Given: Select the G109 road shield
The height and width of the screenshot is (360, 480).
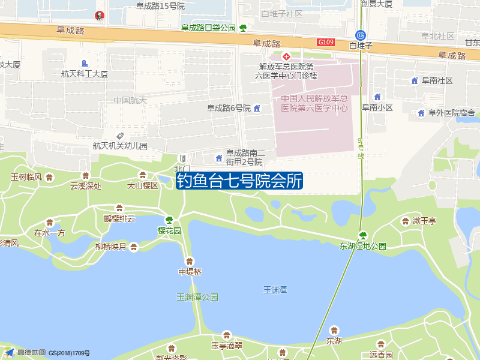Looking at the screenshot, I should tap(326, 42).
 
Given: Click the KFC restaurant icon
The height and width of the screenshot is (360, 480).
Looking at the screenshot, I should tap(99, 16).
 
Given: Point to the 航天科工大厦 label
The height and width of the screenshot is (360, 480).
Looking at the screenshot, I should tap(84, 74).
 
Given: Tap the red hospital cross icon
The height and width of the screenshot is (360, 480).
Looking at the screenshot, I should tap(287, 56).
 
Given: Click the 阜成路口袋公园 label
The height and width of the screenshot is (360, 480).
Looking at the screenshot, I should tap(209, 28).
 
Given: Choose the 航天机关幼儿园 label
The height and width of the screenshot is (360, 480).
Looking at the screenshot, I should tap(120, 146).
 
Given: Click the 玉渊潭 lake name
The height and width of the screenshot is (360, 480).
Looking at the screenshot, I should tap(275, 290).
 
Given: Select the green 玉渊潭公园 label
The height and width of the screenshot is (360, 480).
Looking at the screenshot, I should tap(197, 297).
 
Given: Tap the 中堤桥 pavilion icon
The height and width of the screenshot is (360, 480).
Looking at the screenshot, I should tap(190, 261).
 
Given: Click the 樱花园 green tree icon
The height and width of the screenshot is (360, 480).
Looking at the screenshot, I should tap(169, 220).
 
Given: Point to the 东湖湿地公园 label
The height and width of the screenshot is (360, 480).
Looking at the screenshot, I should tap(363, 246).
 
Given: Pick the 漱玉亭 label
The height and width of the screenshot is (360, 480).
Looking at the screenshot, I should tap(424, 221).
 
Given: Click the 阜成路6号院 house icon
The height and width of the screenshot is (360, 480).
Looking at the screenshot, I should tap(257, 109).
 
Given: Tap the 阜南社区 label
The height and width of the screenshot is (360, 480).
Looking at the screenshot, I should tap(437, 80).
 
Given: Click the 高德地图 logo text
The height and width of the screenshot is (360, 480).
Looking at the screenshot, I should tap(31, 352).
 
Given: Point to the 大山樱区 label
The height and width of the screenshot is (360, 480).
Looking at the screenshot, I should tap(142, 185).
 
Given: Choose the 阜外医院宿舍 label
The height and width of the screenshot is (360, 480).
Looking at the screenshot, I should tap(451, 113).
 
